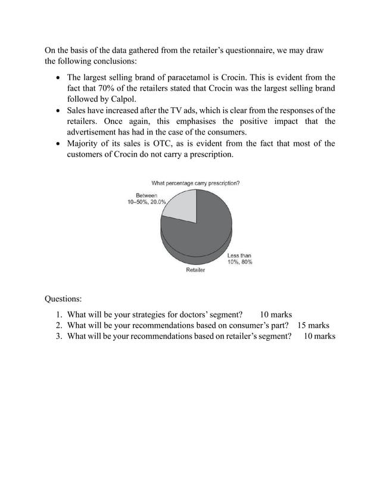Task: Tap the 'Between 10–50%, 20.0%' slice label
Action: [142, 199]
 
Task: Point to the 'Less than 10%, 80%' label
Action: [239, 259]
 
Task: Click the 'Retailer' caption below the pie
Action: [195, 270]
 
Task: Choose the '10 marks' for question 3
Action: [319, 337]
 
